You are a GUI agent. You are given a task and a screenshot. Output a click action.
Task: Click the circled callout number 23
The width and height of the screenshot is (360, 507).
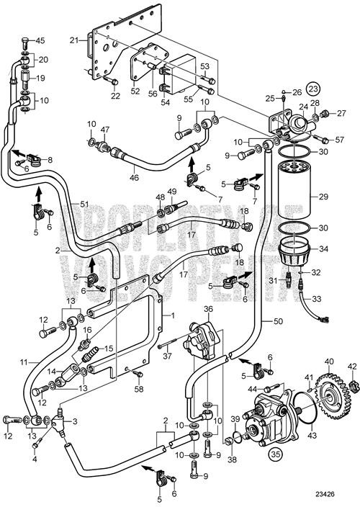click(x=313, y=89)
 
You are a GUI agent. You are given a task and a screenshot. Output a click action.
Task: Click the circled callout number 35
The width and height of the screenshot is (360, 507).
click(x=276, y=454)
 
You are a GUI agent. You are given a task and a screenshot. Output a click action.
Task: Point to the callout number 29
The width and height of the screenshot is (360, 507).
click(x=323, y=195)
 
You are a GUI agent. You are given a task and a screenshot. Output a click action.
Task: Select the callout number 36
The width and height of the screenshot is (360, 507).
click(x=209, y=309)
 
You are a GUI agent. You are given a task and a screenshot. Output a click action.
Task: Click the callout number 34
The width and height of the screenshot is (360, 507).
click(x=323, y=249)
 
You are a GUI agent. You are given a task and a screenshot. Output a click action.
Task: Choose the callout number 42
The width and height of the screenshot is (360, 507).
click(x=353, y=367)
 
